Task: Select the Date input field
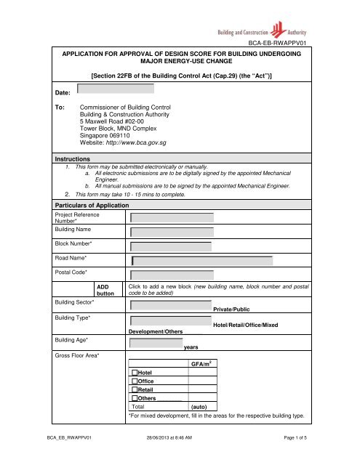[116, 89]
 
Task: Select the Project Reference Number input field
[172, 217]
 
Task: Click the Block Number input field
[172, 246]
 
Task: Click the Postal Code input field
[172, 276]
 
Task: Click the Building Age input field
[156, 343]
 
